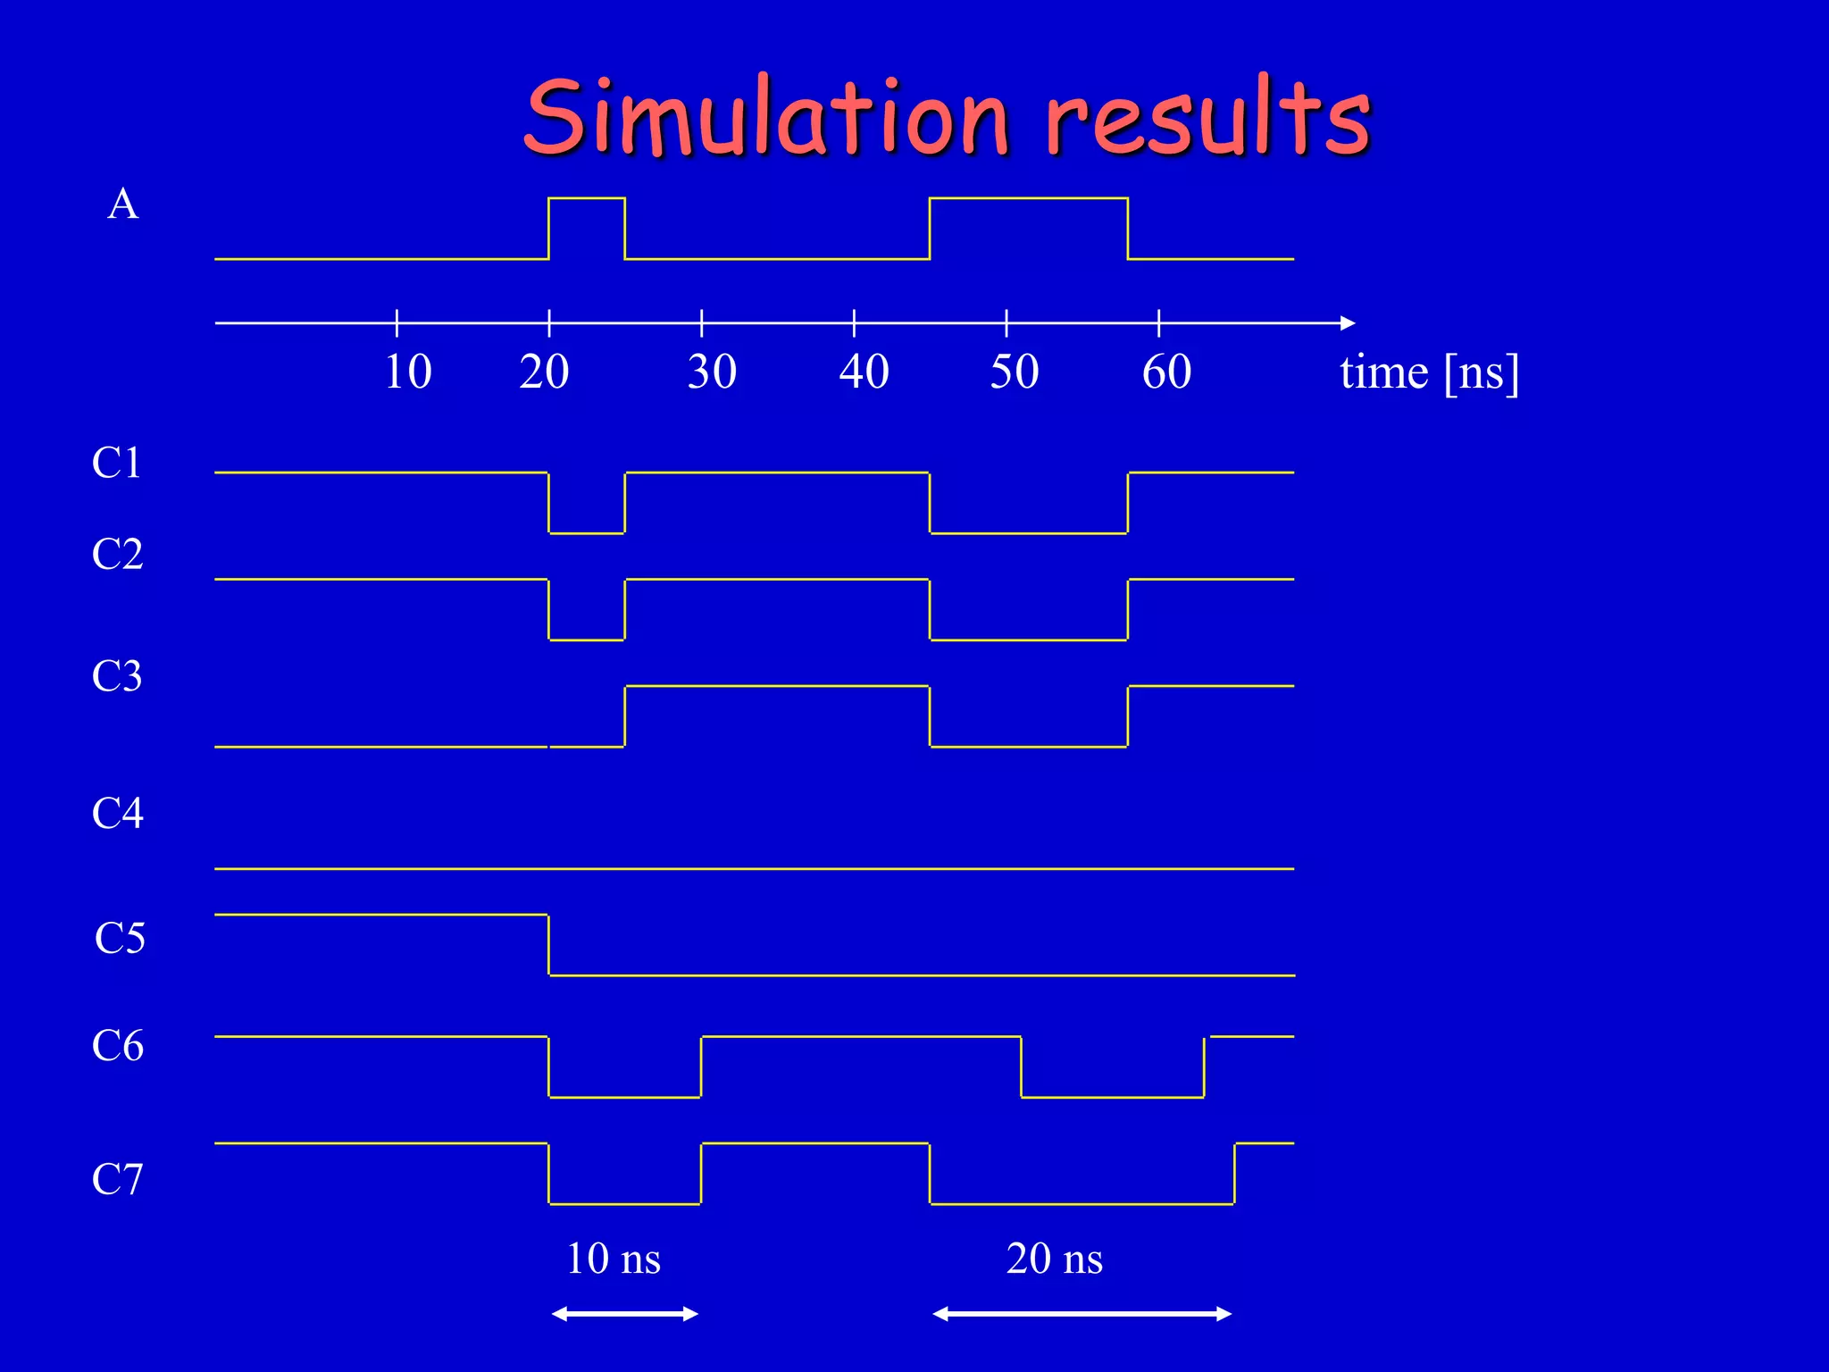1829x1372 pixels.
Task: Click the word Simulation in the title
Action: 766,118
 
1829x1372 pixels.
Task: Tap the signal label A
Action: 123,205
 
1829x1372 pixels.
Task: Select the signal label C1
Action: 117,463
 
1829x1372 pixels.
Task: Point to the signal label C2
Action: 117,554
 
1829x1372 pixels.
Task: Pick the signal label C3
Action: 117,676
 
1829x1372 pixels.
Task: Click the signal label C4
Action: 117,813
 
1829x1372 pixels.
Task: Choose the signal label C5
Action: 120,938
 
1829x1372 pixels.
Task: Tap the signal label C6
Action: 117,1045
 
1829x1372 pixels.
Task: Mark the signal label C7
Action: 117,1179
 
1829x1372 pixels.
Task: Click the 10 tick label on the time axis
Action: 408,372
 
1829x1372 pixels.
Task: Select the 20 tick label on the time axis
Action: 544,372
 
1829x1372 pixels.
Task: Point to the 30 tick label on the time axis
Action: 712,372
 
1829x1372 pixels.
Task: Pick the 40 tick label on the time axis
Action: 864,372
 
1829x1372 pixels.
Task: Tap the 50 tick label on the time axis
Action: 1015,372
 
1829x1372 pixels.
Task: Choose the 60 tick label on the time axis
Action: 1166,372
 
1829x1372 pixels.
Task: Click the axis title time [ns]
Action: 1429,372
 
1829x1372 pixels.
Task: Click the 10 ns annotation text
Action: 614,1259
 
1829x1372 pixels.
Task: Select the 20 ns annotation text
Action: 1054,1259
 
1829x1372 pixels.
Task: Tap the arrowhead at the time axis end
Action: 1349,322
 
